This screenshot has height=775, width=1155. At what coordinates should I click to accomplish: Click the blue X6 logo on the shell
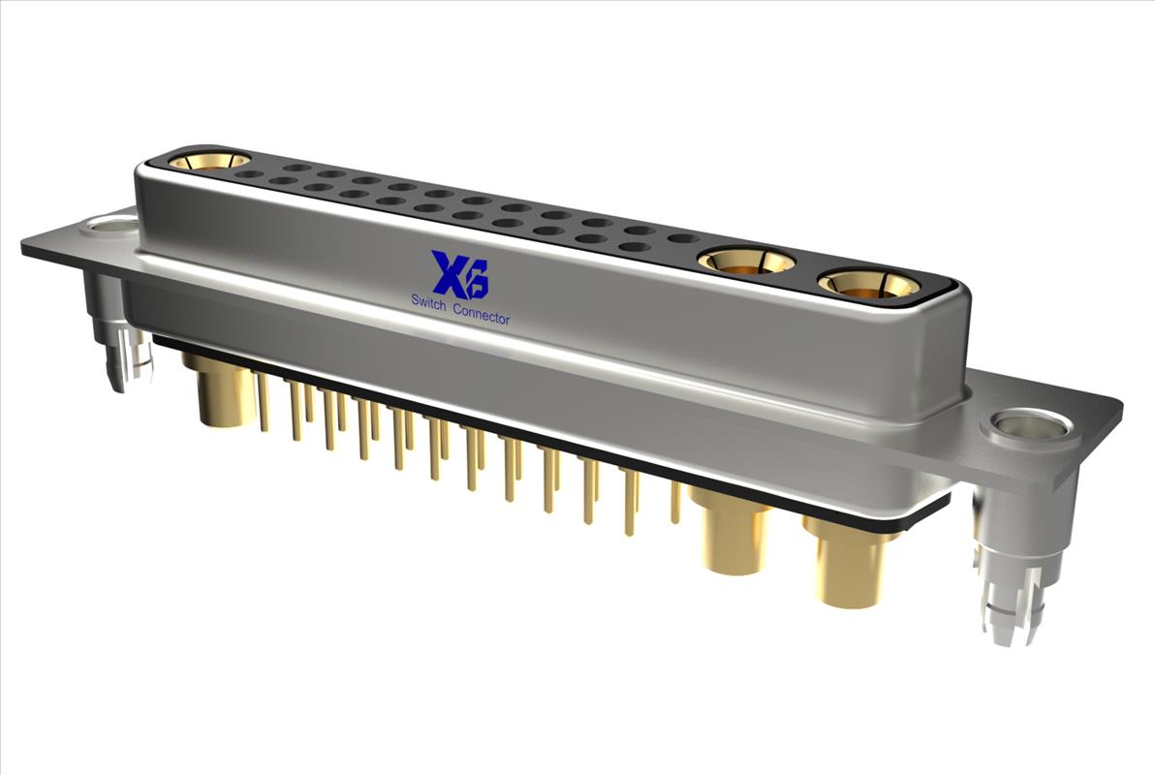pyautogui.click(x=459, y=274)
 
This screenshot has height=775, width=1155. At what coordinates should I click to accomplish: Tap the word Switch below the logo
pyautogui.click(x=428, y=301)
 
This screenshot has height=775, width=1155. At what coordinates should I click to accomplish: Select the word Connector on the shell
pyautogui.click(x=481, y=313)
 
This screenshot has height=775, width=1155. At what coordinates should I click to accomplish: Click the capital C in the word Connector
pyautogui.click(x=457, y=309)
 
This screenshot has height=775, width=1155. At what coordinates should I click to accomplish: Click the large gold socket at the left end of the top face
pyautogui.click(x=209, y=160)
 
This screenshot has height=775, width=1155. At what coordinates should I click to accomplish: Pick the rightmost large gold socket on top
pyautogui.click(x=868, y=284)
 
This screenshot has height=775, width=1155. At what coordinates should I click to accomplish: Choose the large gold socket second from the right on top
pyautogui.click(x=746, y=260)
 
